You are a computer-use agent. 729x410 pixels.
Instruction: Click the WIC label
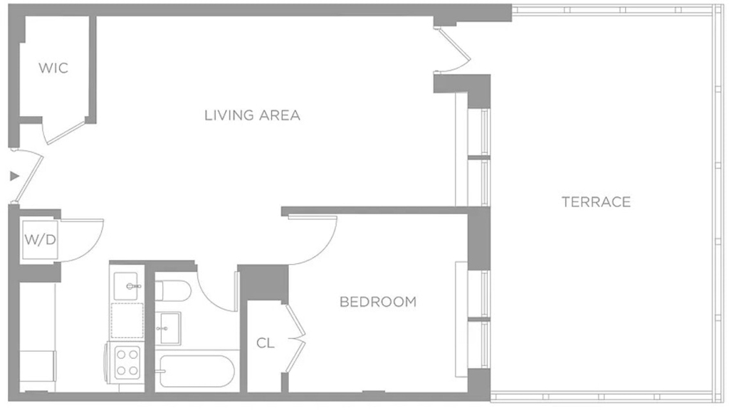click(53, 68)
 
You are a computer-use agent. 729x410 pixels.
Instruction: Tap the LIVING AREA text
click(253, 115)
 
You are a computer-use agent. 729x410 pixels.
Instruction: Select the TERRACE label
click(596, 201)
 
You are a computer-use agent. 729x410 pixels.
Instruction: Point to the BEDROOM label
click(378, 302)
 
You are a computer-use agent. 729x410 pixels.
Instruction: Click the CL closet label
click(266, 343)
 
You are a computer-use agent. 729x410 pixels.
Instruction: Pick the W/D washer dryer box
click(40, 240)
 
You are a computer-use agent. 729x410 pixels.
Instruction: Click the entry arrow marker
click(15, 177)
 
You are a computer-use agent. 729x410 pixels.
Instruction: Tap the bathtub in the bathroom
click(195, 371)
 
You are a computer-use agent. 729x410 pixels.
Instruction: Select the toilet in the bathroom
click(172, 290)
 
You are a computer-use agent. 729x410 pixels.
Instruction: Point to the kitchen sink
click(126, 286)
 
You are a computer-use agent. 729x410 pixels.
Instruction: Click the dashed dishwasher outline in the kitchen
click(127, 320)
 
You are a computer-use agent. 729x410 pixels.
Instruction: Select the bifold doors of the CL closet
click(296, 338)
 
